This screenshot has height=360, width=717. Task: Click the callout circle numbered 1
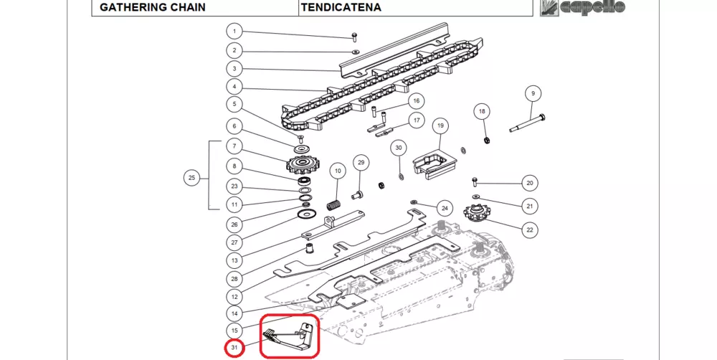[x=234, y=32]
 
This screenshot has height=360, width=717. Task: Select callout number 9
[x=532, y=93]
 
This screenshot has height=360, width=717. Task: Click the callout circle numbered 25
[x=191, y=177]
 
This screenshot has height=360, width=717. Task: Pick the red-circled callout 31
[x=234, y=349]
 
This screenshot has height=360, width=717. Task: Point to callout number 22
[x=530, y=230]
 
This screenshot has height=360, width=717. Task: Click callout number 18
[x=482, y=111]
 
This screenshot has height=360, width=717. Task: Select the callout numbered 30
[x=399, y=148]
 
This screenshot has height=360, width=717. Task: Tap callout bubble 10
[x=337, y=171]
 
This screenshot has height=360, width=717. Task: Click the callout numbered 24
[x=445, y=209]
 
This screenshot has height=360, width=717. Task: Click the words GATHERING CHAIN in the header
[x=153, y=8]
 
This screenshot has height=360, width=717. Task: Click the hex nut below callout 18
[x=485, y=138]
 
